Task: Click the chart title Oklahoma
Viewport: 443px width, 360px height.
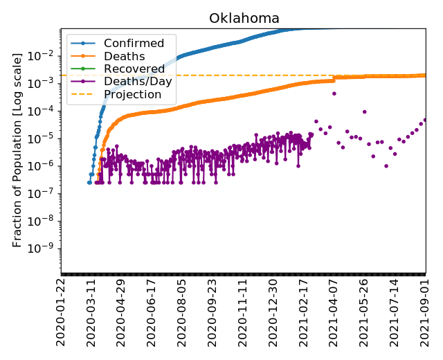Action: point(244,19)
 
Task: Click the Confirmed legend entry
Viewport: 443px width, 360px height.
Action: point(134,44)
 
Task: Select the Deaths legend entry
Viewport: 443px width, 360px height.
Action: point(124,56)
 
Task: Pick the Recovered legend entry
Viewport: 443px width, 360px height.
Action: point(134,69)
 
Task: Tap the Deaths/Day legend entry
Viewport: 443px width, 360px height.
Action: point(138,81)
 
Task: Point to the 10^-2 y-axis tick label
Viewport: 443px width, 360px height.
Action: point(46,55)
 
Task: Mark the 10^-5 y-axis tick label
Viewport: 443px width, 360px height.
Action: point(46,138)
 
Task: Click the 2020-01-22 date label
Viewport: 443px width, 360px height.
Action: point(62,312)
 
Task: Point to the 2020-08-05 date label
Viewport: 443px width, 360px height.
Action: point(182,312)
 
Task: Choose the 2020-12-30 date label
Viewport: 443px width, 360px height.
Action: point(273,312)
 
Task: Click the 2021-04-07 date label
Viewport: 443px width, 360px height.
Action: point(334,312)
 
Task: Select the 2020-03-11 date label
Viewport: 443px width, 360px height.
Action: point(91,312)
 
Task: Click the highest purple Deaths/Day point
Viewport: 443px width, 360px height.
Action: point(334,93)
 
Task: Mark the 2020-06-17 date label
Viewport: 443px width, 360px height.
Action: point(152,312)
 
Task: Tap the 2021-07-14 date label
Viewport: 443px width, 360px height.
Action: point(395,312)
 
